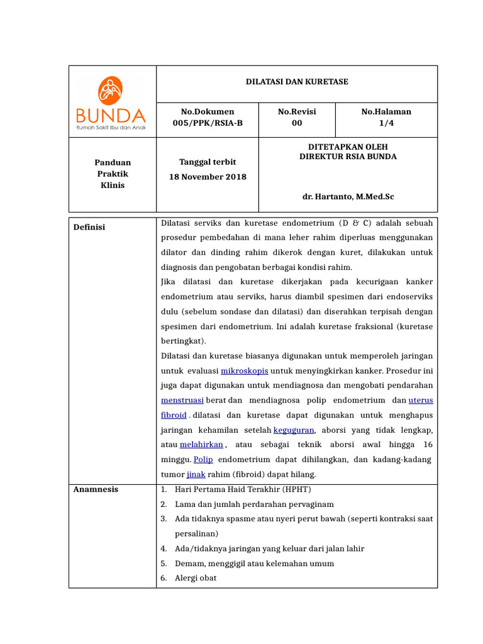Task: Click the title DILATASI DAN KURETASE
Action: [297, 82]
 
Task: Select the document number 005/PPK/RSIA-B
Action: [207, 123]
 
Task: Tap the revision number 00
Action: [297, 123]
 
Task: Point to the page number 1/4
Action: [386, 123]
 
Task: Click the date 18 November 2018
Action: [208, 177]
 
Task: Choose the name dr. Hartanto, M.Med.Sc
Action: [348, 197]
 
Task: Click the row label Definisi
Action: [89, 227]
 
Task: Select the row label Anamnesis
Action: [96, 489]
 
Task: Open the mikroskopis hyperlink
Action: [244, 370]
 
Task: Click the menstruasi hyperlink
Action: [182, 400]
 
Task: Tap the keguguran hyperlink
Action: [294, 430]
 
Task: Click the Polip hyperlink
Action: [203, 460]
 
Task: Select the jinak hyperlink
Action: [196, 474]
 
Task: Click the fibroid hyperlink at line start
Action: [174, 415]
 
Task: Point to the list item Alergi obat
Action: [196, 578]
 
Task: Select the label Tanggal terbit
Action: [208, 162]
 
